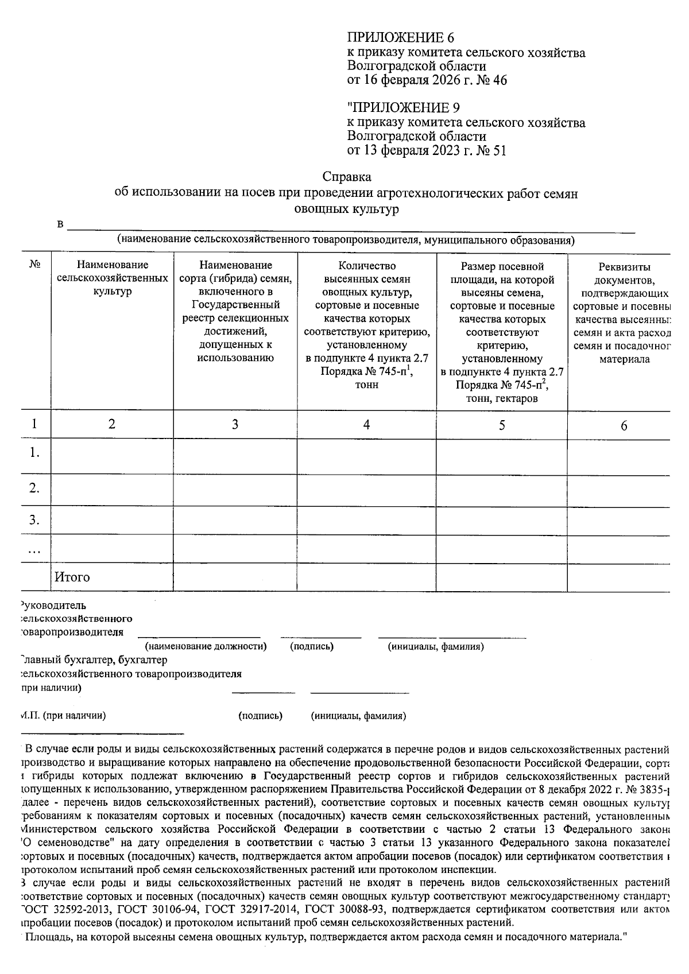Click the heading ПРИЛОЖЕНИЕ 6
(x=400, y=38)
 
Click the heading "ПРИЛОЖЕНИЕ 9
(x=404, y=108)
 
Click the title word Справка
(x=347, y=177)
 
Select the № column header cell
(x=34, y=265)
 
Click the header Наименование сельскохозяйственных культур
(x=113, y=278)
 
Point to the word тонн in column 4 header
(x=366, y=385)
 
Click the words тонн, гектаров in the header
(x=502, y=398)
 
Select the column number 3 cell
(x=235, y=425)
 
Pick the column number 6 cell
(x=624, y=425)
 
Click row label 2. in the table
(x=34, y=488)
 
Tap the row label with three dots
(x=34, y=550)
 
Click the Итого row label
(x=72, y=577)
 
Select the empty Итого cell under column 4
(x=366, y=577)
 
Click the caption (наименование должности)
(x=206, y=646)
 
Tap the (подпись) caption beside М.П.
(x=260, y=716)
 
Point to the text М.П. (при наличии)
(x=63, y=716)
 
